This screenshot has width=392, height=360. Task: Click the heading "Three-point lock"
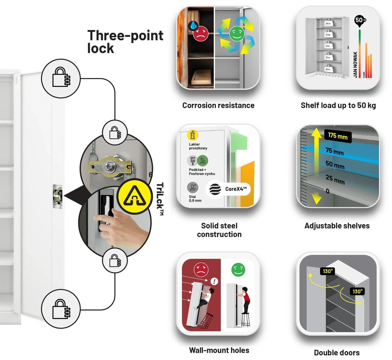click(125, 41)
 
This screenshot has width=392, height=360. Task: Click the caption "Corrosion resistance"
click(218, 105)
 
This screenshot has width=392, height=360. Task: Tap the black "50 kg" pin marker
click(360, 21)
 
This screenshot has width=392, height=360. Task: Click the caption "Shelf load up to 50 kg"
click(338, 105)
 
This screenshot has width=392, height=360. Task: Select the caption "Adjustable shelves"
click(337, 226)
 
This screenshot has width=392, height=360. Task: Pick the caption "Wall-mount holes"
click(219, 350)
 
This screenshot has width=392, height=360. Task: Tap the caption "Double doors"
click(337, 352)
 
